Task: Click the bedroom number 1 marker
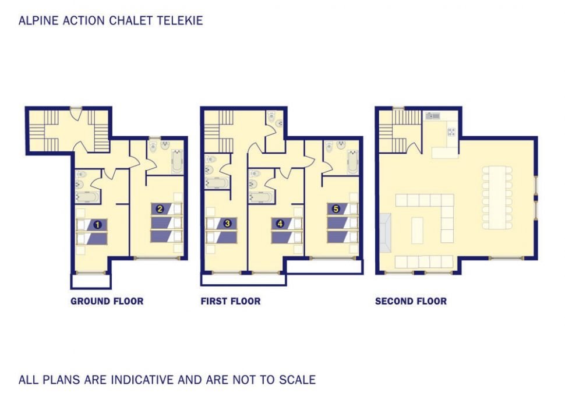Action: (98, 224)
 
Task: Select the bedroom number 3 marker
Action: (228, 223)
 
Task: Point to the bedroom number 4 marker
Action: (280, 223)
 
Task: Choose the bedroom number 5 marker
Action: (336, 208)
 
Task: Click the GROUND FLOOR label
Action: (107, 301)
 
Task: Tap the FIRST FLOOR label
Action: (231, 301)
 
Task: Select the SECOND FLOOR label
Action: (411, 301)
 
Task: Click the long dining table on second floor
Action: (496, 196)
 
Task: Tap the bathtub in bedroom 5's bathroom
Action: (352, 162)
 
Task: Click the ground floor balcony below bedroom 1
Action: (90, 281)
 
